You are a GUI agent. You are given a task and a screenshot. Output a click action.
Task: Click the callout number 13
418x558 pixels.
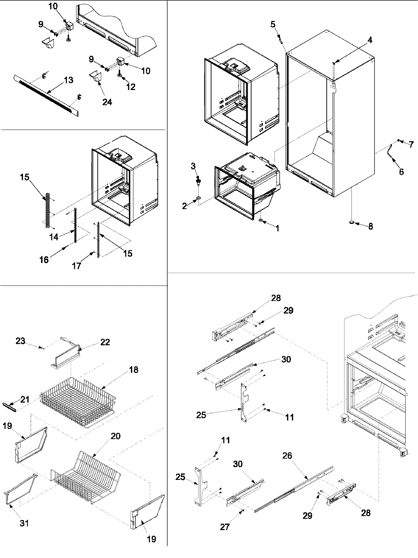pyautogui.click(x=68, y=80)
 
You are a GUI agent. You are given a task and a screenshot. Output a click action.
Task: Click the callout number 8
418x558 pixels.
pyautogui.click(x=370, y=226)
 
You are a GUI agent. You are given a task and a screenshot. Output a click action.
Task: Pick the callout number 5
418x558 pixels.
pyautogui.click(x=273, y=24)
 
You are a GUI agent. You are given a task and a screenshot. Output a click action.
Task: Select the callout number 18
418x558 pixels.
pyautogui.click(x=133, y=370)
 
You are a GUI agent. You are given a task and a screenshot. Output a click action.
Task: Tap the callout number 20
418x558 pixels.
pyautogui.click(x=116, y=436)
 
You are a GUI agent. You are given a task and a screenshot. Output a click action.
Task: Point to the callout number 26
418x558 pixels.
pyautogui.click(x=287, y=456)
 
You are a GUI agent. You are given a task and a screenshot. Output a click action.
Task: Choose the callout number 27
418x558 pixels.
pyautogui.click(x=225, y=527)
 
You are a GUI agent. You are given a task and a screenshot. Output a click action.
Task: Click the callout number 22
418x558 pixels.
pyautogui.click(x=105, y=342)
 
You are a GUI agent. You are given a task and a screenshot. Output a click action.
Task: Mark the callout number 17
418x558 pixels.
pyautogui.click(x=77, y=266)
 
